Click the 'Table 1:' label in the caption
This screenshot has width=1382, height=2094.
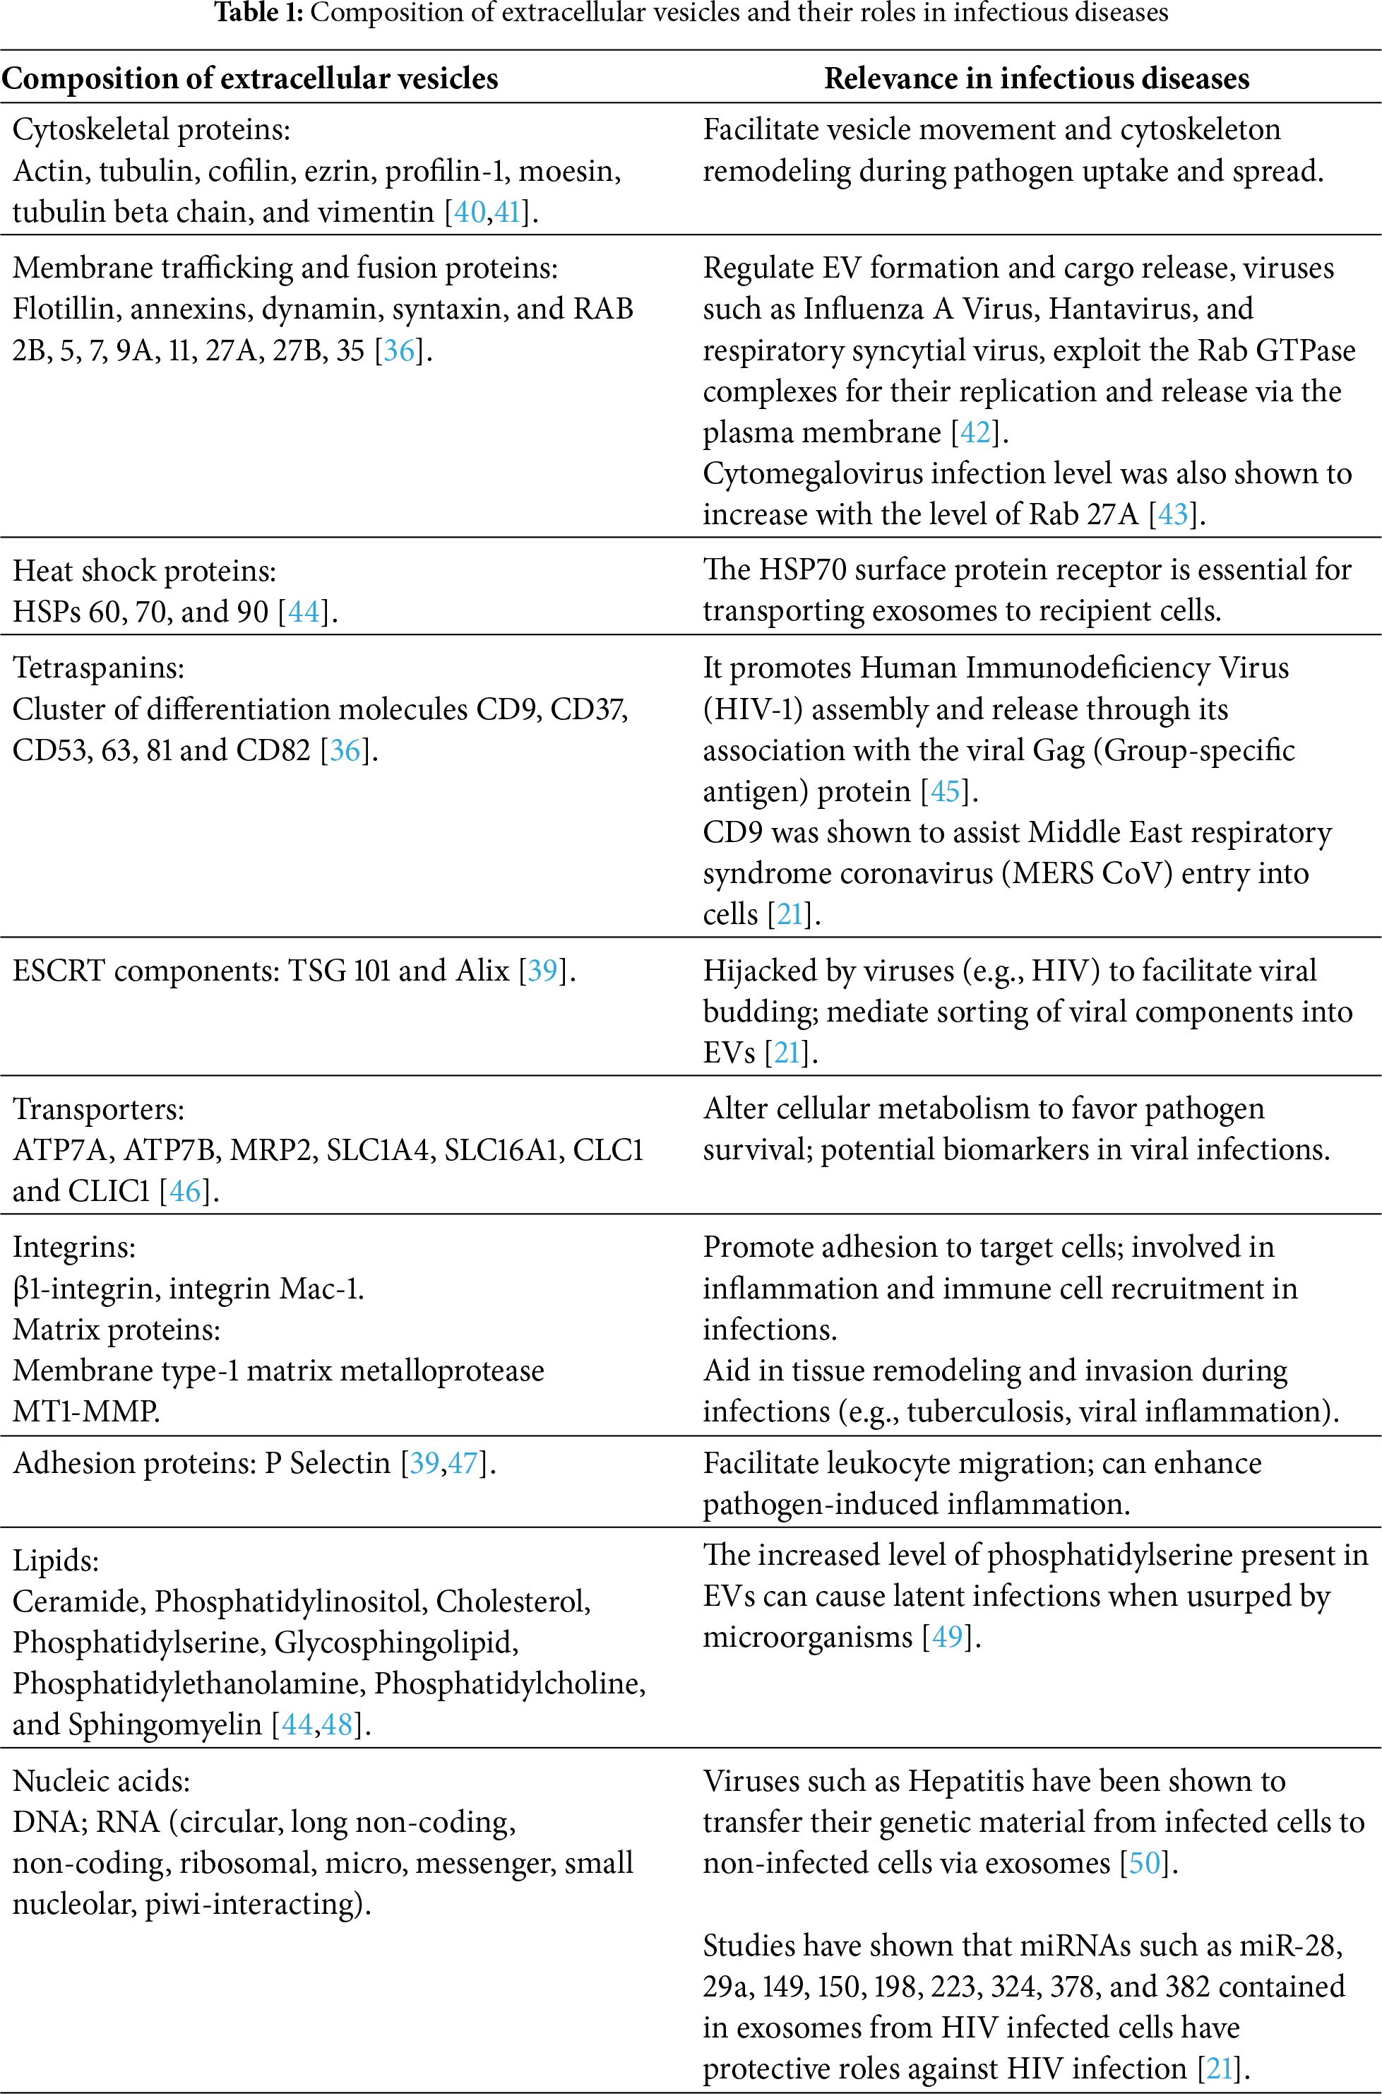tap(259, 13)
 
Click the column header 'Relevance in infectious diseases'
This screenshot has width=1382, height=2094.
tap(1037, 78)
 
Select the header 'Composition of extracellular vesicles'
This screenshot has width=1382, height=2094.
tap(250, 78)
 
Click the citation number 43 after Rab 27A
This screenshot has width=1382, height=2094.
tap(1173, 514)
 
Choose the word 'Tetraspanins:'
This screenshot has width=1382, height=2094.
tap(99, 668)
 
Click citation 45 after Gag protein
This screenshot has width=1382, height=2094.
tap(945, 791)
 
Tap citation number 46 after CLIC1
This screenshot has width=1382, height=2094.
tap(185, 1191)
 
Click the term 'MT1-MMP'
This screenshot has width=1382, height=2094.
tap(85, 1411)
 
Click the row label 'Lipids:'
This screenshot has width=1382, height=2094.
tap(56, 1560)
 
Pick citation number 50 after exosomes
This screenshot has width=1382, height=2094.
tap(1144, 1862)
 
